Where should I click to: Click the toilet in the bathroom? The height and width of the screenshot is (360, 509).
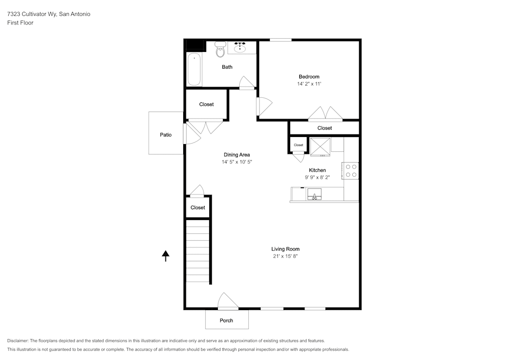click(x=220, y=50)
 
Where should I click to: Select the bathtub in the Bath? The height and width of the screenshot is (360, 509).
click(x=194, y=70)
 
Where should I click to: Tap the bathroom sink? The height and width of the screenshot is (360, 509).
click(x=240, y=48)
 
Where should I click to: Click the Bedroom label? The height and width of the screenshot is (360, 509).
click(x=309, y=77)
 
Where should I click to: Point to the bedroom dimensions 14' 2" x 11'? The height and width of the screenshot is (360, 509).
click(x=309, y=84)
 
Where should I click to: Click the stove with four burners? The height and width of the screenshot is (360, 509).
click(x=351, y=170)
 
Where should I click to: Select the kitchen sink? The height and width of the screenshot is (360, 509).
click(x=314, y=195)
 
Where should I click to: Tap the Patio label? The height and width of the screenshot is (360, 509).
click(x=165, y=135)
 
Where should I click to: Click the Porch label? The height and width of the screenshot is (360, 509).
click(x=227, y=320)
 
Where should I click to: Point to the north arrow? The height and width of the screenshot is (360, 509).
click(x=165, y=256)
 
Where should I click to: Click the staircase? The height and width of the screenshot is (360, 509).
click(x=197, y=251)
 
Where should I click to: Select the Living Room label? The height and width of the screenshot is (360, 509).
click(x=285, y=249)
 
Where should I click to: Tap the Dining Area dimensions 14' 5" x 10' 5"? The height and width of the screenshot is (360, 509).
click(x=237, y=161)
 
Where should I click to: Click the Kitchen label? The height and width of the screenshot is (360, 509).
click(x=318, y=170)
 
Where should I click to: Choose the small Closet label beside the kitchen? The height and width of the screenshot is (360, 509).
click(x=298, y=145)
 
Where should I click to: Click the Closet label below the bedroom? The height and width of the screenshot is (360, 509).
click(x=325, y=128)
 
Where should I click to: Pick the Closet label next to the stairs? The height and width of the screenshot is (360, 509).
click(x=198, y=207)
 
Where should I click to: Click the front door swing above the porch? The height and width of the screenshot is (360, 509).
click(x=228, y=301)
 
